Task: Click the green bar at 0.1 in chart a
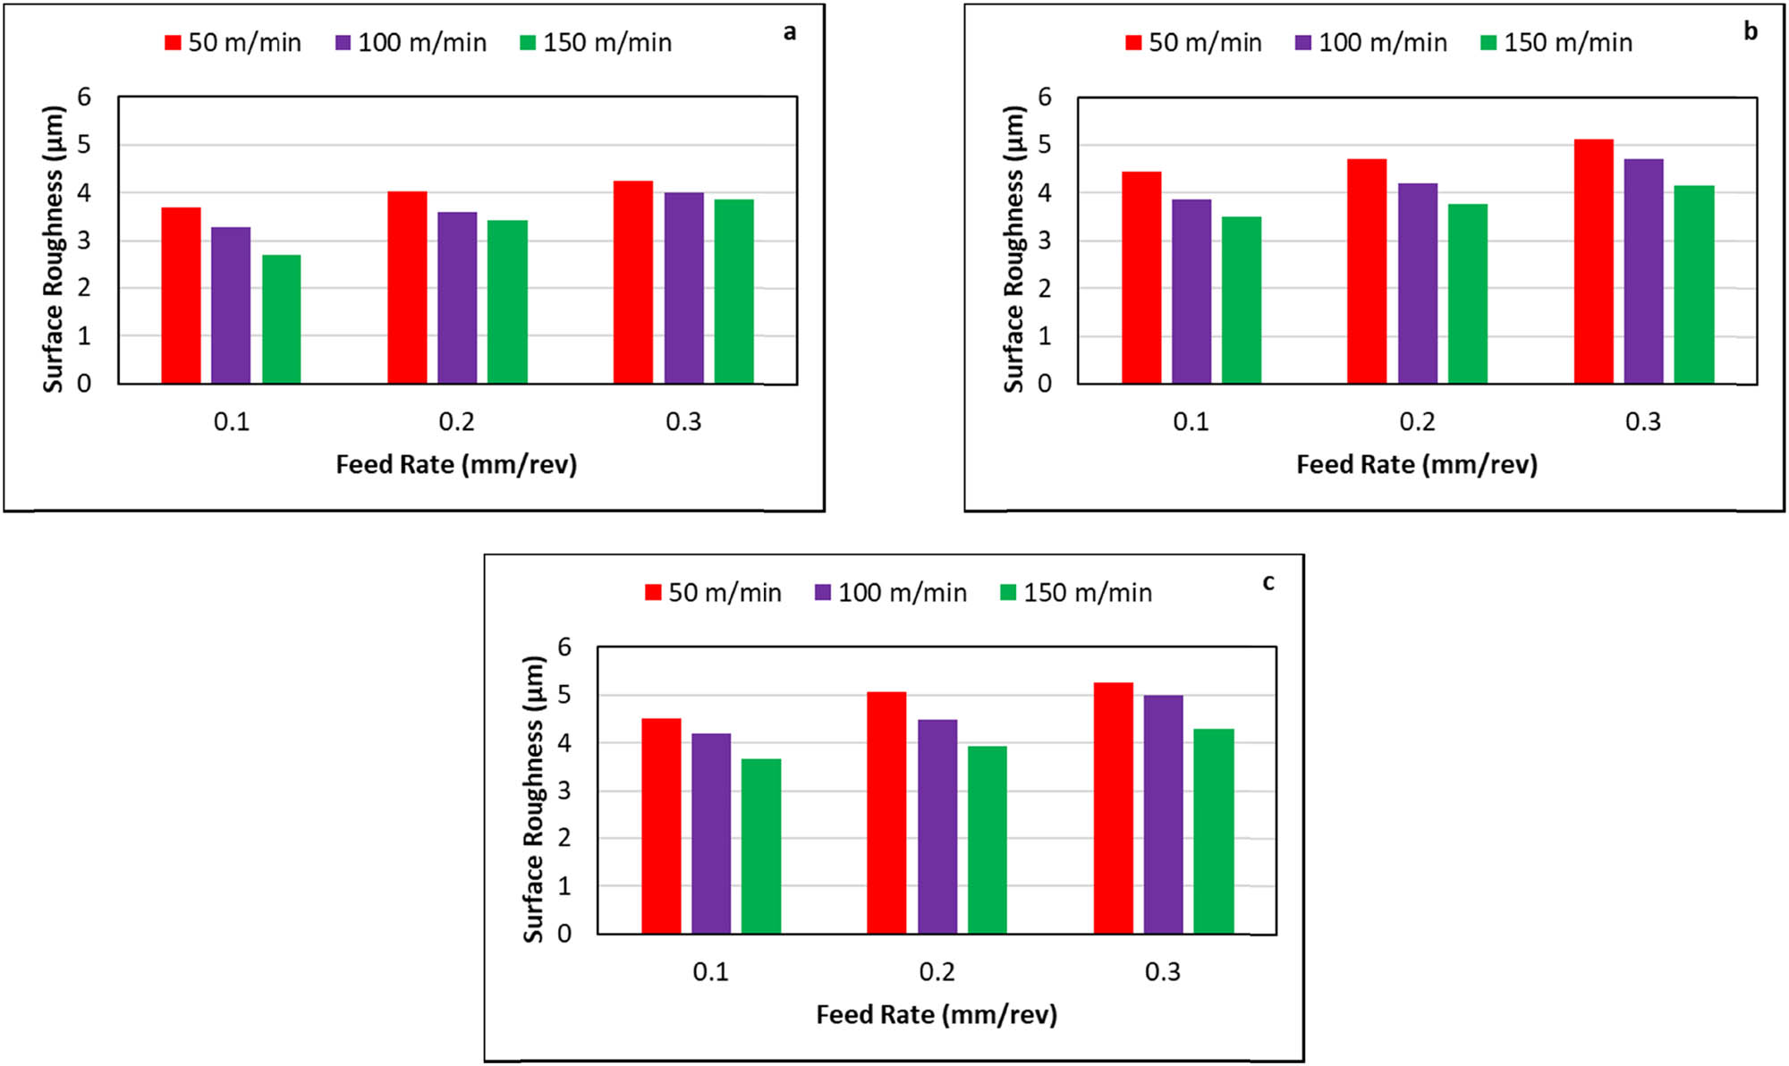click(x=281, y=319)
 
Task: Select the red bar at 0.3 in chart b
click(x=1593, y=261)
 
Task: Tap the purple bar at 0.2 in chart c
click(x=937, y=826)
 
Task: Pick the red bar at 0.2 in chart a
click(x=407, y=287)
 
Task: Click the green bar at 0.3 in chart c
click(x=1214, y=831)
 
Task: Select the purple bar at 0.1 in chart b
click(x=1191, y=292)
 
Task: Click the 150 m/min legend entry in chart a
click(x=596, y=42)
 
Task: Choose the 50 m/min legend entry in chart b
click(x=1193, y=42)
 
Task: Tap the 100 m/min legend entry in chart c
click(x=891, y=592)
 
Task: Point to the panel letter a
click(x=789, y=32)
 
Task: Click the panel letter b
click(x=1750, y=31)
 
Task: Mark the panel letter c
click(x=1268, y=582)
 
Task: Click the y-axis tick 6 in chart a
click(x=84, y=97)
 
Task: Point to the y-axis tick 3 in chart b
click(x=1044, y=241)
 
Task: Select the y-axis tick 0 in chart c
click(x=564, y=934)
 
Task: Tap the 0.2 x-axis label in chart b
click(x=1417, y=421)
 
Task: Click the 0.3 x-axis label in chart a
click(x=683, y=421)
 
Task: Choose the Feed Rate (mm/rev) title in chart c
click(x=936, y=1014)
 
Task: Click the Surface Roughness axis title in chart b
click(x=1013, y=249)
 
